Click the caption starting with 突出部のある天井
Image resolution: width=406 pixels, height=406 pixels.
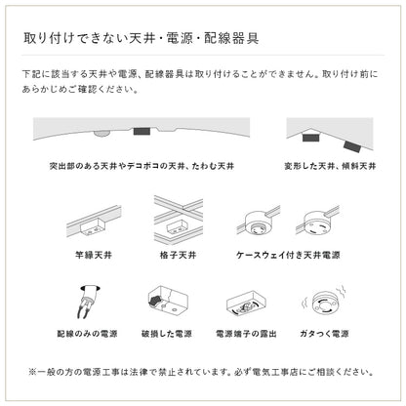point(147,166)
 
